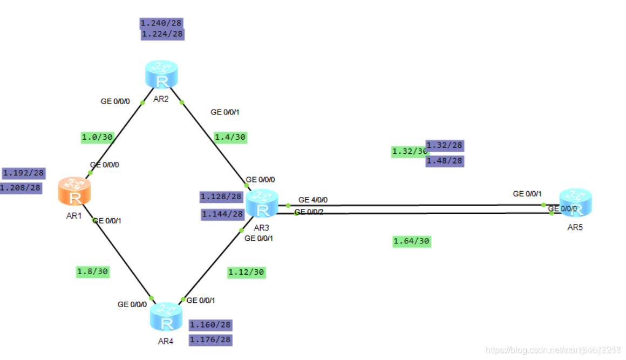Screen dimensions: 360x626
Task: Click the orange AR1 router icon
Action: pyautogui.click(x=74, y=192)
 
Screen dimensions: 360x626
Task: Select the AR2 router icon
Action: pyautogui.click(x=161, y=74)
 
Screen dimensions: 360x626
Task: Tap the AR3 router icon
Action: pyautogui.click(x=262, y=204)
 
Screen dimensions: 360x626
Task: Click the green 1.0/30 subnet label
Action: pyautogui.click(x=97, y=137)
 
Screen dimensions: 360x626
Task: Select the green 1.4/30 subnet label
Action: pyautogui.click(x=230, y=137)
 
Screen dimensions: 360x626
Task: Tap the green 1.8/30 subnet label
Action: pyautogui.click(x=93, y=271)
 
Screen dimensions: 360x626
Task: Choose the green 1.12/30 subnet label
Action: pyautogui.click(x=246, y=272)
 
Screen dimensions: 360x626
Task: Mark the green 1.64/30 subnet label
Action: pyautogui.click(x=411, y=241)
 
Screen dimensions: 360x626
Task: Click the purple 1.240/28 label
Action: pyautogui.click(x=161, y=23)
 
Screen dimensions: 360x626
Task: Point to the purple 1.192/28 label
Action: pyautogui.click(x=23, y=173)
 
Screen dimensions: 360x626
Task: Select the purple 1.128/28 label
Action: pyautogui.click(x=221, y=196)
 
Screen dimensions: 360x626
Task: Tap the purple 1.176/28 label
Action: pyautogui.click(x=210, y=339)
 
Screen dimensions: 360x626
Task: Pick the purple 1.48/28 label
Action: pyautogui.click(x=445, y=161)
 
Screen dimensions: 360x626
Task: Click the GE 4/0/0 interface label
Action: pyautogui.click(x=313, y=200)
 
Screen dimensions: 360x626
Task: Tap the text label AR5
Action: pyautogui.click(x=575, y=227)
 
